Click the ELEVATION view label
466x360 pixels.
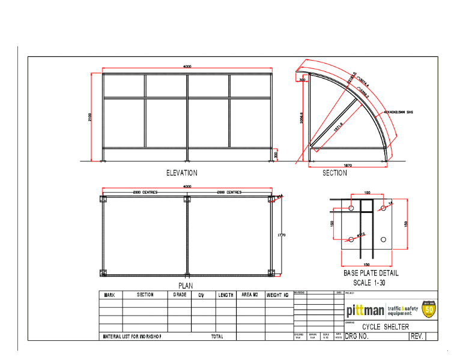(x=181, y=173)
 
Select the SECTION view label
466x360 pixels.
(x=334, y=173)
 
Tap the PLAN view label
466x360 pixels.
(x=186, y=285)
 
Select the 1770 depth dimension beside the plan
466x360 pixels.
(x=282, y=235)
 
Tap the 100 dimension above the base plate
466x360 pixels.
(x=367, y=193)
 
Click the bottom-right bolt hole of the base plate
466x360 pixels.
(x=384, y=243)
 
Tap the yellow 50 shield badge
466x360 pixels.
(x=429, y=310)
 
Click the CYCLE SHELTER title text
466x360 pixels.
(x=386, y=327)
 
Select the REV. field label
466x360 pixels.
(x=417, y=337)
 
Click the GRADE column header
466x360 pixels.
(x=180, y=295)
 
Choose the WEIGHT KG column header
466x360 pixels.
(x=277, y=295)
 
